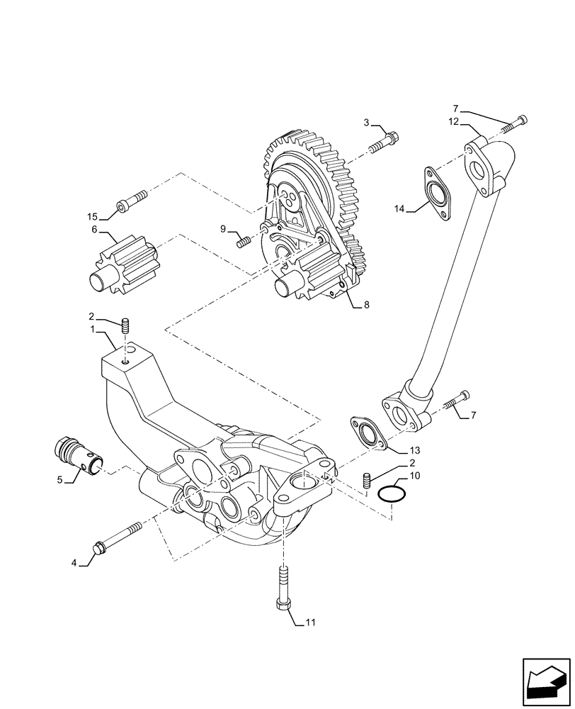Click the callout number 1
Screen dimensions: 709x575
pyautogui.click(x=92, y=330)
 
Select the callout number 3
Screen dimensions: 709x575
pyautogui.click(x=367, y=123)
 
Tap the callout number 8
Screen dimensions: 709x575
pyautogui.click(x=366, y=306)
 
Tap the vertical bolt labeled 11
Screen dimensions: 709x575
pyautogui.click(x=282, y=588)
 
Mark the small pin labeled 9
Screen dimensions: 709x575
pyautogui.click(x=244, y=242)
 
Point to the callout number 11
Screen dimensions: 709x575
pyautogui.click(x=309, y=623)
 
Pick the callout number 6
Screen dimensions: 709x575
pyautogui.click(x=93, y=229)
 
